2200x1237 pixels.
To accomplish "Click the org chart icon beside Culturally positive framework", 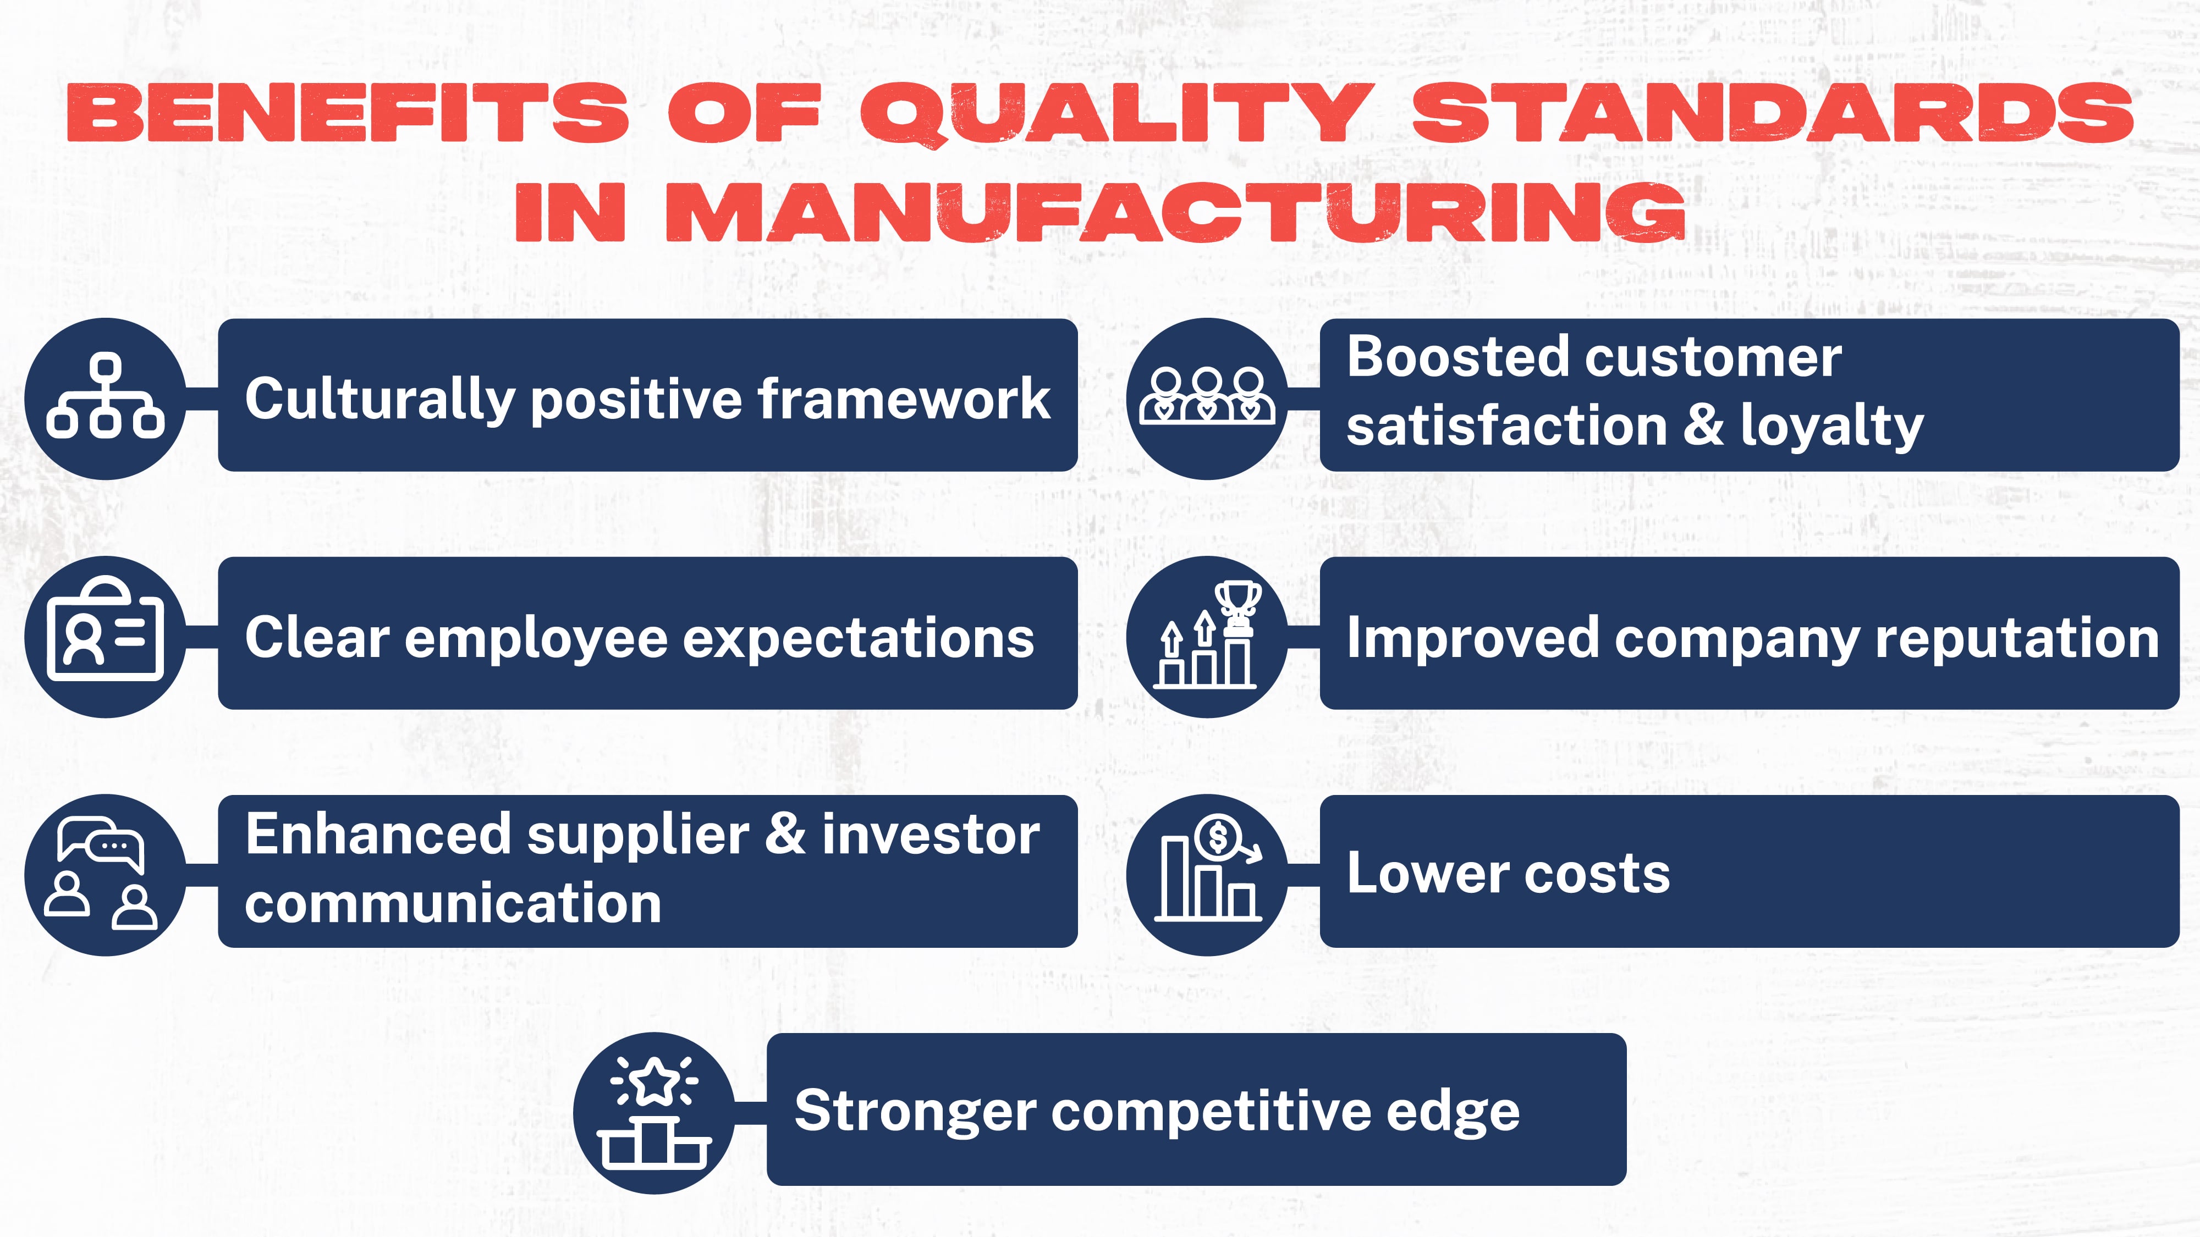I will click(105, 397).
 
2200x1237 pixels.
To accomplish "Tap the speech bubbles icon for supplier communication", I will click(101, 843).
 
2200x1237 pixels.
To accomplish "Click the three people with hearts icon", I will click(1206, 397).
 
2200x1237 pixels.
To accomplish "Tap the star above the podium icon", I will click(654, 1081).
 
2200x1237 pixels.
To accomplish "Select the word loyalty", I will click(1832, 427).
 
